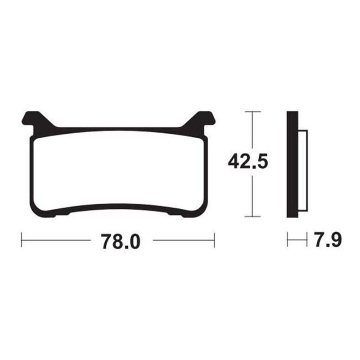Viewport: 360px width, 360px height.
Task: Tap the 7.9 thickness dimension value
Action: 328,240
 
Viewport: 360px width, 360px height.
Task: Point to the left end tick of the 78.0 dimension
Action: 21,240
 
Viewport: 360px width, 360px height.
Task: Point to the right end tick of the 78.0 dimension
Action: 214,240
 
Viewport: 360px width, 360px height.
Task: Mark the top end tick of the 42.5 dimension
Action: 253,112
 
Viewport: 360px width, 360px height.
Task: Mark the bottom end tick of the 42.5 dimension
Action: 253,216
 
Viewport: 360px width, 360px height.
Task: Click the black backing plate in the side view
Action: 292,164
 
